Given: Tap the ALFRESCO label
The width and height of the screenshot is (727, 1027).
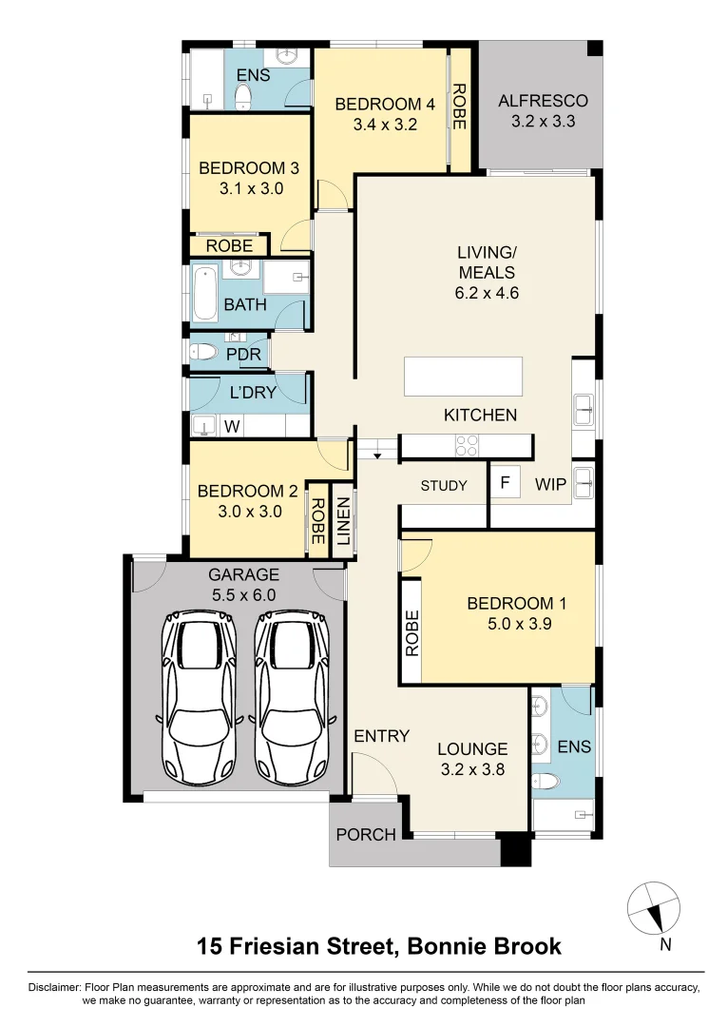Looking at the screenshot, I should tap(543, 101).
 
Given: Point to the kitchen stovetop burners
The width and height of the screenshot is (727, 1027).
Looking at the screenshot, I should tap(467, 445).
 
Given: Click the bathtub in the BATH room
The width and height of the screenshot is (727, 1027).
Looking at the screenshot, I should tap(204, 294).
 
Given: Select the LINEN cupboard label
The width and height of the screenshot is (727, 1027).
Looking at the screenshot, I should tap(343, 522).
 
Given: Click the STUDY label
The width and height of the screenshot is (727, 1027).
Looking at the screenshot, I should tap(444, 486).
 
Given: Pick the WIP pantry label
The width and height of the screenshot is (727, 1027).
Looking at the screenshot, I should tap(550, 485).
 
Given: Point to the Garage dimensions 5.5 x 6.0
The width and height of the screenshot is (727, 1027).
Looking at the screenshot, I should tap(243, 594).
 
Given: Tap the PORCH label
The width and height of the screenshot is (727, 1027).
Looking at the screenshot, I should tap(366, 835).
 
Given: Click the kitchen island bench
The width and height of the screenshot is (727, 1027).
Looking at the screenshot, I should tap(463, 376).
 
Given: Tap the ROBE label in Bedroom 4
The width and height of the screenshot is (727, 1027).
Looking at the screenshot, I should tap(459, 107).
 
